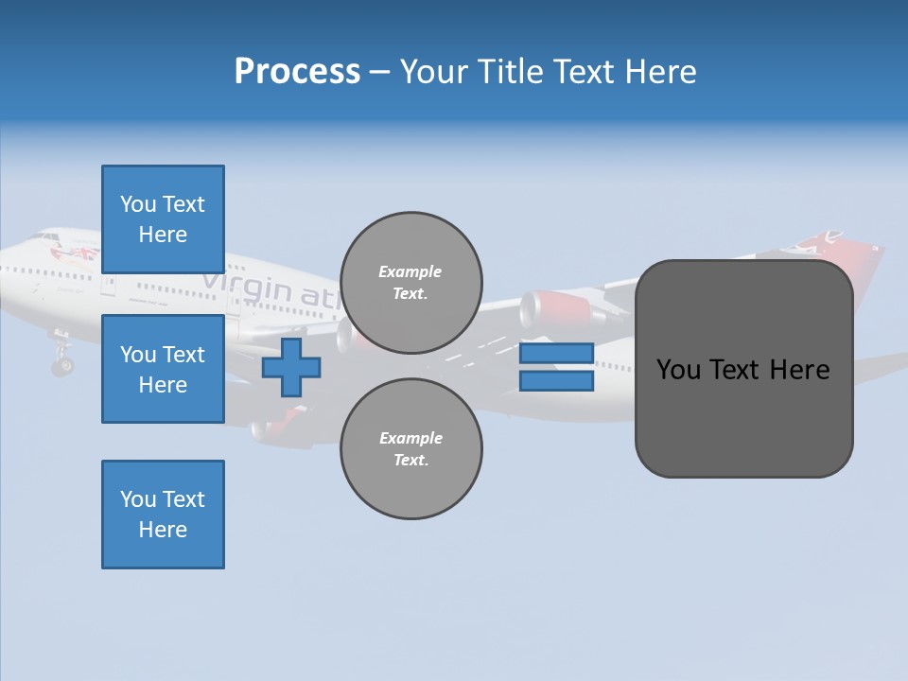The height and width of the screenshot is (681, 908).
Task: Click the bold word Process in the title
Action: [x=297, y=72]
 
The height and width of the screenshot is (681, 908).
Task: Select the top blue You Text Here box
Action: [x=163, y=219]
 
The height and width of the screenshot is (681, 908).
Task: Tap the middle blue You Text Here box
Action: [x=163, y=369]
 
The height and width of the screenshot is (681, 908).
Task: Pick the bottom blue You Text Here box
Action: [x=163, y=515]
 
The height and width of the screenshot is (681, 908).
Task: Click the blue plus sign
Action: [x=291, y=367]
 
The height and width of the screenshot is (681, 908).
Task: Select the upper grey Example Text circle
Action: [x=411, y=283]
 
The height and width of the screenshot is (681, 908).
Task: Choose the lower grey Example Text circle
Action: [x=411, y=449]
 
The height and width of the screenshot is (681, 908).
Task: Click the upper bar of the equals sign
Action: [x=556, y=353]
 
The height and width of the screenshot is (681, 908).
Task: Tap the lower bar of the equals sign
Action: [x=556, y=381]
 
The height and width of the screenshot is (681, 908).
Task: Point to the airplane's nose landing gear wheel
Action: [x=62, y=364]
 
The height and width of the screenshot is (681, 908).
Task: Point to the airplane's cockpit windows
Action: [x=43, y=237]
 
